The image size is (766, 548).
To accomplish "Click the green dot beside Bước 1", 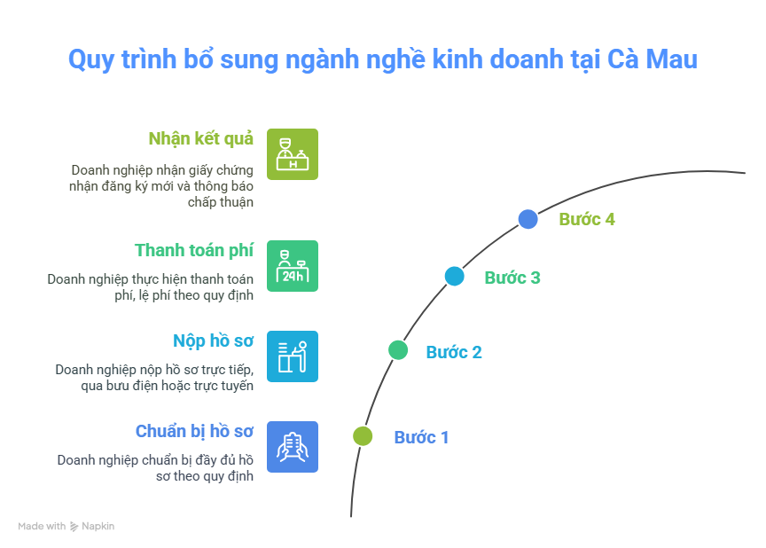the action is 363,436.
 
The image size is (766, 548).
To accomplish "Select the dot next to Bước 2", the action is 398,350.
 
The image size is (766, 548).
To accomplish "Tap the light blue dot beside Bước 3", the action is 454,277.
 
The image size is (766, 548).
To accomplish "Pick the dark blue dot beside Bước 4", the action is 528,219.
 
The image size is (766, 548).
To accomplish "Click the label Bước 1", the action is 421,438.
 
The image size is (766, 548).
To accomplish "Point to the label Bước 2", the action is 454,352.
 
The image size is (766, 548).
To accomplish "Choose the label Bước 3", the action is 512,278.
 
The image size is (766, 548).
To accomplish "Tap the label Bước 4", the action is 587,219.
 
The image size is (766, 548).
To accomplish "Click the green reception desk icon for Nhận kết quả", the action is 293,154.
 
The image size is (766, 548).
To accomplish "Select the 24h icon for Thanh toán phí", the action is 293,266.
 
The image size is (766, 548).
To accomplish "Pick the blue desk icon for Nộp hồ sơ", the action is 293,356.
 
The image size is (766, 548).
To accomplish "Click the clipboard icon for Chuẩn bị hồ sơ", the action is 293,447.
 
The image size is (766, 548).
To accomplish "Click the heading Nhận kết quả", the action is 200,139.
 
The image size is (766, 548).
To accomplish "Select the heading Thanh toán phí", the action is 194,251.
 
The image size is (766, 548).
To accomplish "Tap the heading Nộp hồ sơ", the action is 213,341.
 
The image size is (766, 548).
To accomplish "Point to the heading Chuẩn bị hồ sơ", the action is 194,432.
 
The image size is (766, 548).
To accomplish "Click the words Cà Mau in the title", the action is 653,59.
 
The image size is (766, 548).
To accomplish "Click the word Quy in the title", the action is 91,60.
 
